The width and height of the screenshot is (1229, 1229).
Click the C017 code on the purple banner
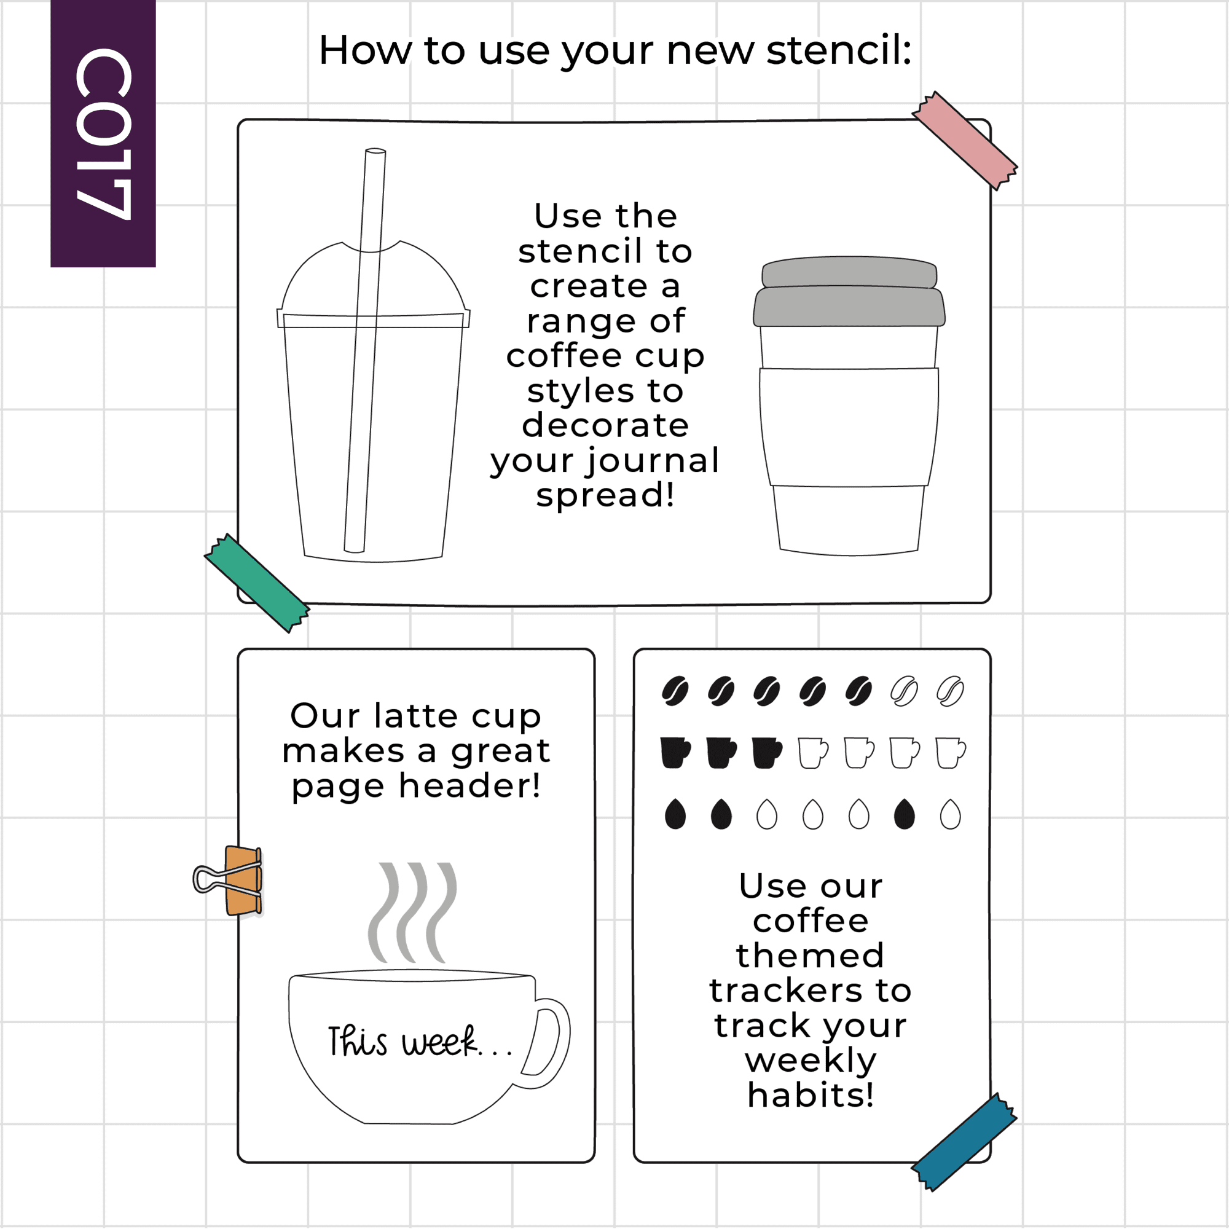point(104,133)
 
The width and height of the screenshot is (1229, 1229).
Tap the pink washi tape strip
point(964,141)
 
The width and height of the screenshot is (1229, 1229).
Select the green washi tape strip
point(257,583)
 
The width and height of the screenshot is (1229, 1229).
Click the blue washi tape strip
point(964,1142)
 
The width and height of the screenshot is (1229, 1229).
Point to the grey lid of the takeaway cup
point(849,292)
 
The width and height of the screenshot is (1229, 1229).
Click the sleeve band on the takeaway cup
point(849,427)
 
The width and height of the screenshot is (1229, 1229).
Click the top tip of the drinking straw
point(375,151)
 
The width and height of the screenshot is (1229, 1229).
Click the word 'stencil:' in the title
point(839,50)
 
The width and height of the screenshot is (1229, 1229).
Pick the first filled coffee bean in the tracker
point(675,691)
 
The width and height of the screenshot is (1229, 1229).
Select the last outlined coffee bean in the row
point(951,691)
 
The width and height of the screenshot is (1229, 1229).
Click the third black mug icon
point(767,753)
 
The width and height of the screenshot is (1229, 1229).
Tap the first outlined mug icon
point(813,753)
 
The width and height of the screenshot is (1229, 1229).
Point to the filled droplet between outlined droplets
point(905,814)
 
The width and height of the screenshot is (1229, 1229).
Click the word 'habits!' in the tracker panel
point(811,1095)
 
